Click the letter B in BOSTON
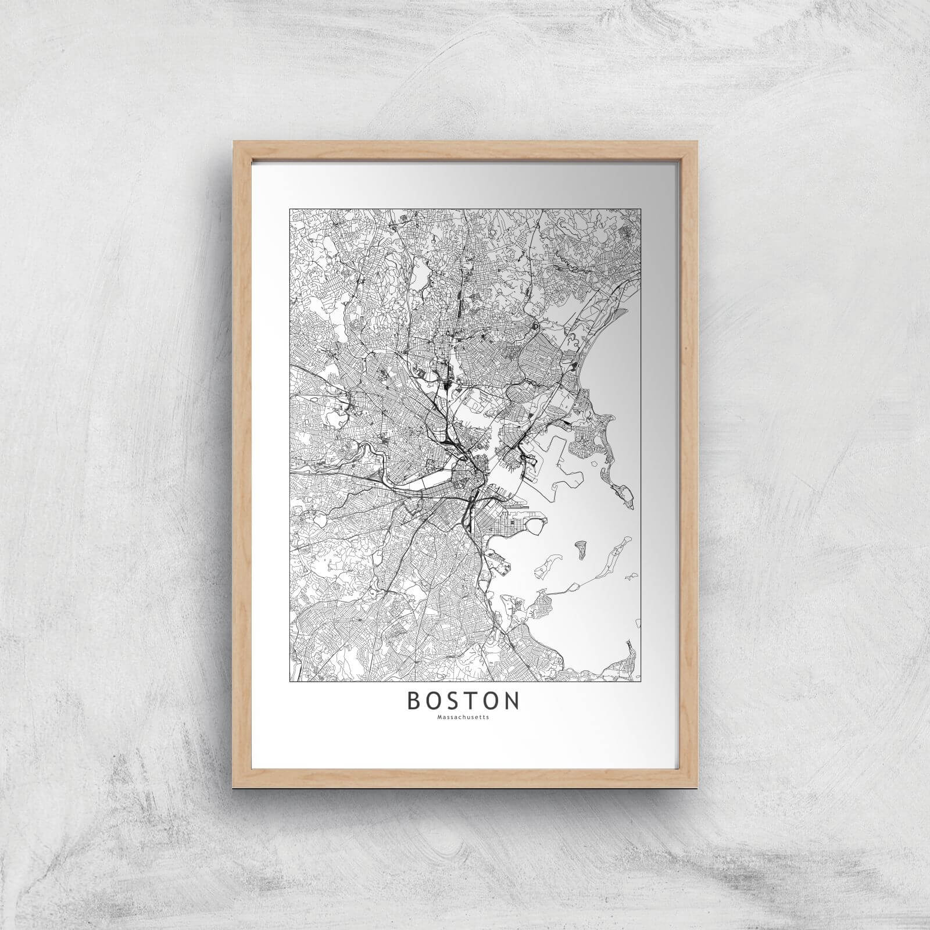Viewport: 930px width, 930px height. (414, 701)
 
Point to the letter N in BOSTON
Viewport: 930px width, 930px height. (512, 701)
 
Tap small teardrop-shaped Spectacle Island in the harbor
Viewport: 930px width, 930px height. (580, 547)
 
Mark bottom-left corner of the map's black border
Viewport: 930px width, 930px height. (290, 681)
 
